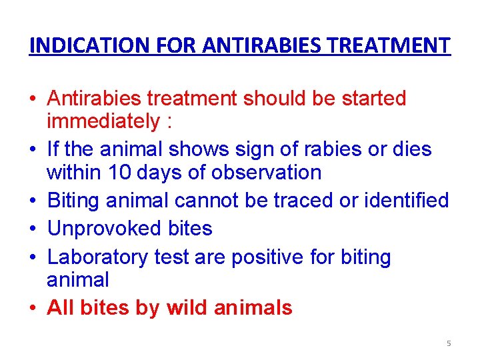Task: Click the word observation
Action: pyautogui.click(x=266, y=173)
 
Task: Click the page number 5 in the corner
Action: pyautogui.click(x=449, y=343)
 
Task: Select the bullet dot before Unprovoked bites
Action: pyautogui.click(x=33, y=229)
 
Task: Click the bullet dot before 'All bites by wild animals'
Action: pyautogui.click(x=33, y=309)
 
